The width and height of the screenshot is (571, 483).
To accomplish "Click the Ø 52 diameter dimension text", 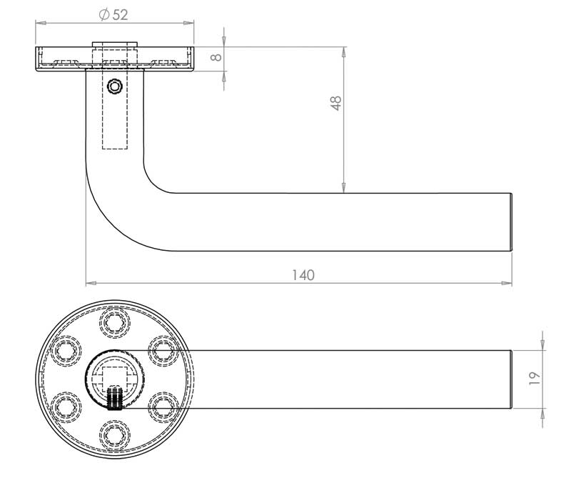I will click(114, 14).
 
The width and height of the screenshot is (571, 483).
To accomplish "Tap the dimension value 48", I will click(337, 103).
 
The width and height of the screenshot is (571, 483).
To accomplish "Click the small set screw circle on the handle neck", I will click(113, 86).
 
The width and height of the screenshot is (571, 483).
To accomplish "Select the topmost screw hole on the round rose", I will click(113, 323).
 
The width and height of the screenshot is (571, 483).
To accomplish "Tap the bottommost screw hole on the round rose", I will click(113, 433).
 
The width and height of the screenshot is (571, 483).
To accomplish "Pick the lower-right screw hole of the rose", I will click(161, 406).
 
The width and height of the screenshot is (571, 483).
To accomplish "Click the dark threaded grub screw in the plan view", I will click(113, 399).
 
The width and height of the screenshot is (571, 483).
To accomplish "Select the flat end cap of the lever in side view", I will click(512, 222).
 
